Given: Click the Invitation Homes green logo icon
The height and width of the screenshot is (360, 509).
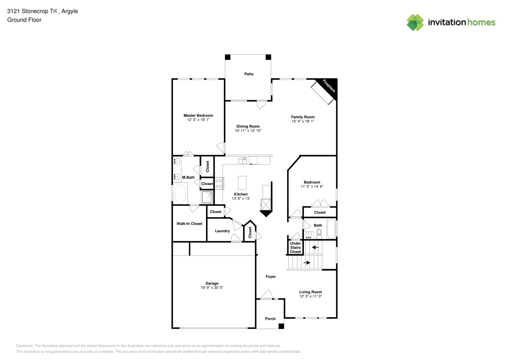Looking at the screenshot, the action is [415, 22].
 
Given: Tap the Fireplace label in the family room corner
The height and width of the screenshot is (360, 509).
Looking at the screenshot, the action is [329, 86].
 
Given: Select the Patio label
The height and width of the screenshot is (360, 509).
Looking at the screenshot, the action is [249, 74].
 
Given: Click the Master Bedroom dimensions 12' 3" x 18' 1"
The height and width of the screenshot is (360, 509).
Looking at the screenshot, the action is [198, 120].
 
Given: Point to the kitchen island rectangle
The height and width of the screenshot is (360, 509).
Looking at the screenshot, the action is [242, 183].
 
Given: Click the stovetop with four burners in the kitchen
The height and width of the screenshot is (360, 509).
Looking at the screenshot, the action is [219, 184].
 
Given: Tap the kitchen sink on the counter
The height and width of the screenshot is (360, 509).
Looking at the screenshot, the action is [243, 160].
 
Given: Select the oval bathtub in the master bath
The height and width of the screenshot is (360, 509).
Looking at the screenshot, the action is [180, 193].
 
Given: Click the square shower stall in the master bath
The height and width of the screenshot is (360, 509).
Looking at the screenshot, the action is [207, 197].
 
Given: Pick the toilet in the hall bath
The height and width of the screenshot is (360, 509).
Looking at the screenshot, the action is [319, 234].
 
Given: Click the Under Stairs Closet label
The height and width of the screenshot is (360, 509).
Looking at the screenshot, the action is [296, 248].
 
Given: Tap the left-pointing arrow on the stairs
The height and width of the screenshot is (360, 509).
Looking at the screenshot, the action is [315, 247].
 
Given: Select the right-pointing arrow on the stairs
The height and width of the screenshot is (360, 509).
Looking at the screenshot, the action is [307, 263].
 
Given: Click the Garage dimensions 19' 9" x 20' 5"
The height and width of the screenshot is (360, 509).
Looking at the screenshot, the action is [212, 288].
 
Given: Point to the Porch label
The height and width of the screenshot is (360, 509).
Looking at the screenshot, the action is [270, 319].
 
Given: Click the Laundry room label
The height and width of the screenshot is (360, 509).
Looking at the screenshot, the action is [222, 231].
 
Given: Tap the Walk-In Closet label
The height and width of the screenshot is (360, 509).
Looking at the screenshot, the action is [189, 224].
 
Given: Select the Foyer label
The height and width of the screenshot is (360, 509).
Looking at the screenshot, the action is [271, 276].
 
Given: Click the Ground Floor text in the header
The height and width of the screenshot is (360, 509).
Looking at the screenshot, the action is [24, 20].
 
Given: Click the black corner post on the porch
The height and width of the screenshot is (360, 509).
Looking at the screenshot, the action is [281, 326].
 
